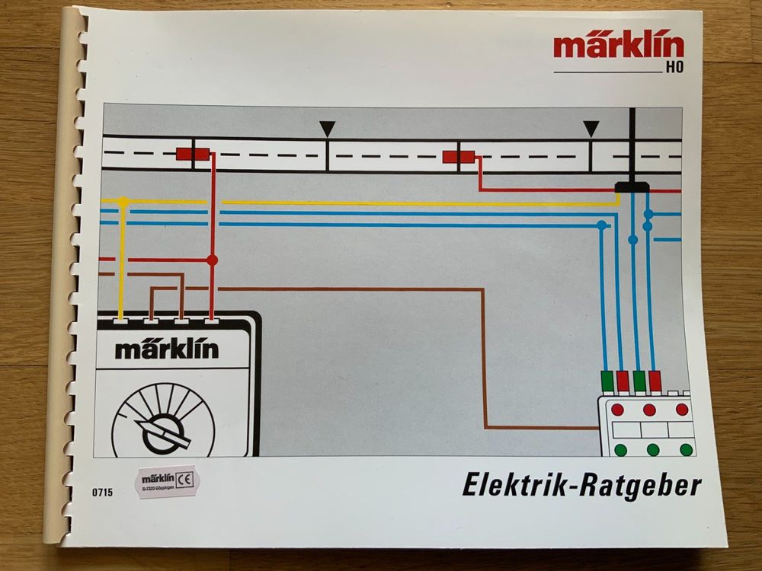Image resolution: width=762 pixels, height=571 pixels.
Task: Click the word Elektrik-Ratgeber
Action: [581, 485]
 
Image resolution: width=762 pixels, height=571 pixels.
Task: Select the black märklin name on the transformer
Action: [167, 349]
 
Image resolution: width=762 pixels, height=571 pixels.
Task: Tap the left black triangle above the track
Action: [327, 129]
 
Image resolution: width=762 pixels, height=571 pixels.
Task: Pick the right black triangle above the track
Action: [591, 129]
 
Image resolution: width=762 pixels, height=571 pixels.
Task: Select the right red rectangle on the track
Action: [459, 158]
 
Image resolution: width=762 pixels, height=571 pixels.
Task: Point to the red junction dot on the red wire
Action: [212, 260]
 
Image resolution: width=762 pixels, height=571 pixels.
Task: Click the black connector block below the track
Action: [631, 187]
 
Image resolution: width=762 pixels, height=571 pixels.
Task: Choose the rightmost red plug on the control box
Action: [655, 380]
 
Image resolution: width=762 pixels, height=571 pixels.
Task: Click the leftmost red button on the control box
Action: [617, 410]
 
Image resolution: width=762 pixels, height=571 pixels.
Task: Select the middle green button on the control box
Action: [652, 449]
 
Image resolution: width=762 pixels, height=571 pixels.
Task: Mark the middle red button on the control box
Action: [650, 410]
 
